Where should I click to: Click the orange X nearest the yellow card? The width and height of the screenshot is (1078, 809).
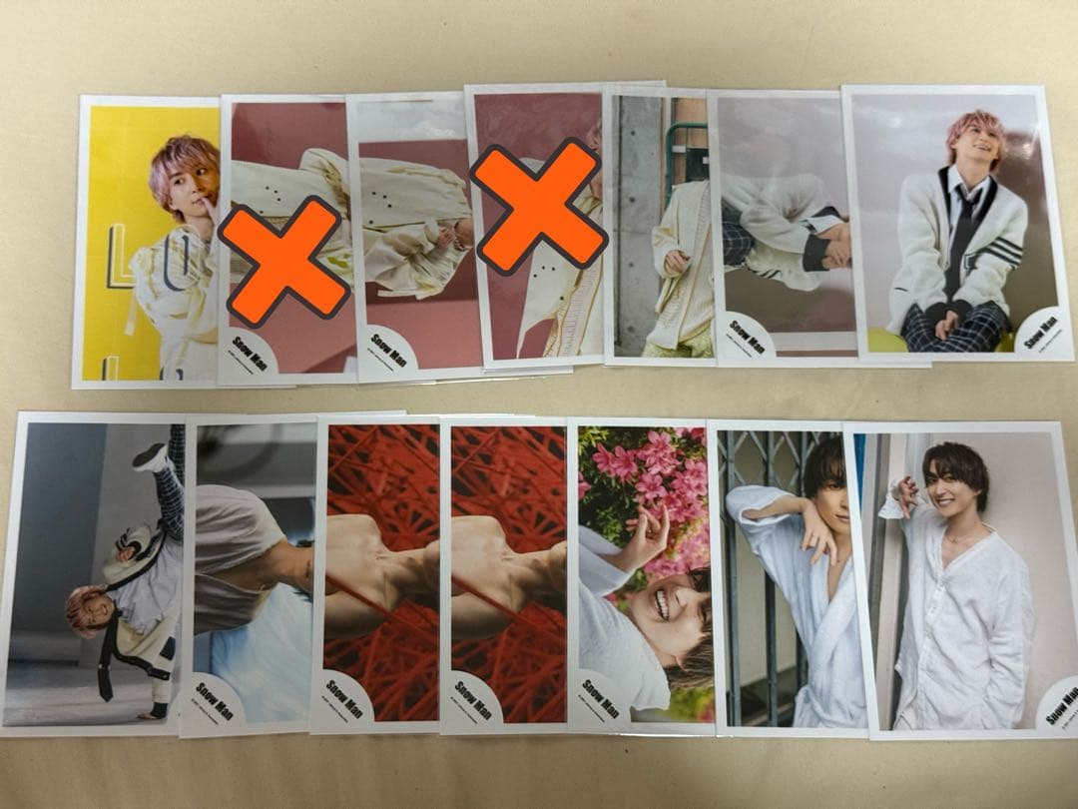click(x=283, y=262)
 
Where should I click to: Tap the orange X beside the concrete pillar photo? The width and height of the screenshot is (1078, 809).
click(x=539, y=205)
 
